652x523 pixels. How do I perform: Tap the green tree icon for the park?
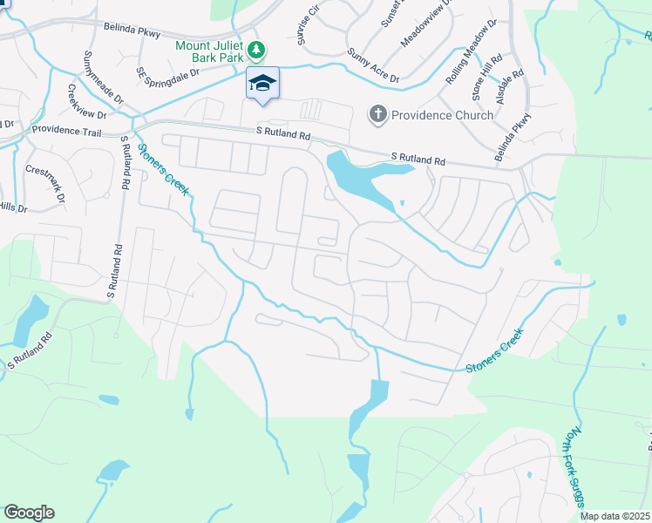click(256, 48)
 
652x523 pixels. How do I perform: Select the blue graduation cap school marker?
click(262, 84)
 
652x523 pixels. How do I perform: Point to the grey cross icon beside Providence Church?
click(378, 114)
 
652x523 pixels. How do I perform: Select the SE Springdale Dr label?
click(168, 72)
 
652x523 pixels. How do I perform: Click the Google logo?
click(29, 513)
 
